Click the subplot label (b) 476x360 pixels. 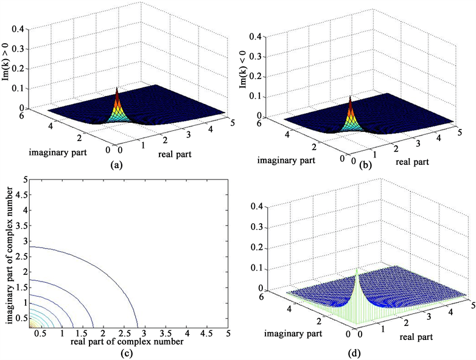(354, 164)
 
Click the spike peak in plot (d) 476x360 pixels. (357, 269)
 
